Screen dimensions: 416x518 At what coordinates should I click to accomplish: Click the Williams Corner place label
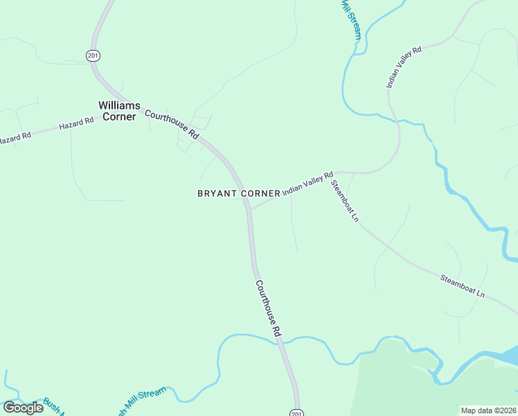[119, 111]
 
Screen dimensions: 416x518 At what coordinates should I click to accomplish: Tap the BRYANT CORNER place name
[239, 193]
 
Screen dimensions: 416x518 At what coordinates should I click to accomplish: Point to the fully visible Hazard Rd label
[76, 124]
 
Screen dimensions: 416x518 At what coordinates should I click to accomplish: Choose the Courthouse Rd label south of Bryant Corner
[268, 309]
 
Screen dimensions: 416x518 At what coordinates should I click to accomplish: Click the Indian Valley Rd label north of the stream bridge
[404, 67]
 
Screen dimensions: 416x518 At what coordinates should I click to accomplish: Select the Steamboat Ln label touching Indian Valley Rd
[345, 201]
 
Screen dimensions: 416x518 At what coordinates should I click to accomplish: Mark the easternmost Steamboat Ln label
[463, 287]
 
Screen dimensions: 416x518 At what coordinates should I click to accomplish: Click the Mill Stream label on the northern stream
[350, 19]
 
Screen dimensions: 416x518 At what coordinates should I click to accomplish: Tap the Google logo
[23, 408]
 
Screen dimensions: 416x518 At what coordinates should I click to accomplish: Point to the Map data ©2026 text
[488, 410]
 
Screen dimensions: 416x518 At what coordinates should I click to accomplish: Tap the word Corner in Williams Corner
[119, 116]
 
